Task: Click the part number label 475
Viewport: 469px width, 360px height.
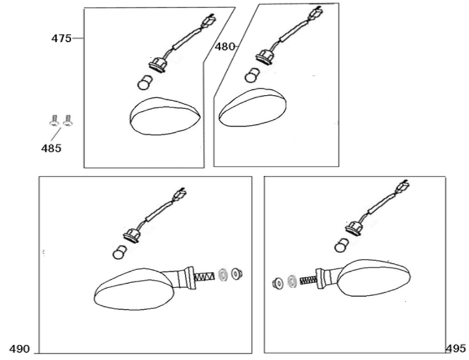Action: coord(61,38)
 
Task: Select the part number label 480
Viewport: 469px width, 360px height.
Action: coord(225,47)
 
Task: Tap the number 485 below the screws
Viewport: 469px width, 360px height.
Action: coord(51,149)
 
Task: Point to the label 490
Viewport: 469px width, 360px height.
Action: coord(19,349)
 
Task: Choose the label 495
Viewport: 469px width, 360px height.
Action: coord(456,348)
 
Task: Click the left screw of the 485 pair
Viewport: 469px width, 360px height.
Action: coord(54,120)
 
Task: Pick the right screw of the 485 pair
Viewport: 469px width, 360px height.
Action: coord(68,120)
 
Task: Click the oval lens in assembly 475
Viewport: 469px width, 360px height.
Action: coord(164,116)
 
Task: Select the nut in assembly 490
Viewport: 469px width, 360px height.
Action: coord(237,274)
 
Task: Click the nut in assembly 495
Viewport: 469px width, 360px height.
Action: coord(277,283)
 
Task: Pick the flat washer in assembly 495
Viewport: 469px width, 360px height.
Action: coord(292,280)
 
